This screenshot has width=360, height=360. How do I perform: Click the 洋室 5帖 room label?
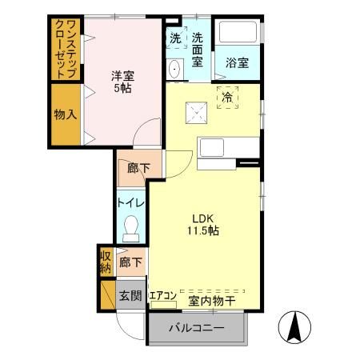(122, 82)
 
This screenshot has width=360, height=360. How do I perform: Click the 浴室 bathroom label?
(237, 62)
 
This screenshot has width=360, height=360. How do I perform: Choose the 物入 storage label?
(66, 114)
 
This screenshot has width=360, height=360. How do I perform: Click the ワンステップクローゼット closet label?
(66, 50)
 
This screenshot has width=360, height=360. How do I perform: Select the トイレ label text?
(131, 203)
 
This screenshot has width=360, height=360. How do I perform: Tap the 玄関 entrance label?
(130, 295)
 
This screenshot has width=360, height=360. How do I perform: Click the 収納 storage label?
(106, 262)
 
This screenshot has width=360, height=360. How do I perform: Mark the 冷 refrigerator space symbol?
(228, 97)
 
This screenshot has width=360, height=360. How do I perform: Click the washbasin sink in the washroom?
(174, 67)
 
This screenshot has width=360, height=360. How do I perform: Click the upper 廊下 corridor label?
(130, 168)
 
